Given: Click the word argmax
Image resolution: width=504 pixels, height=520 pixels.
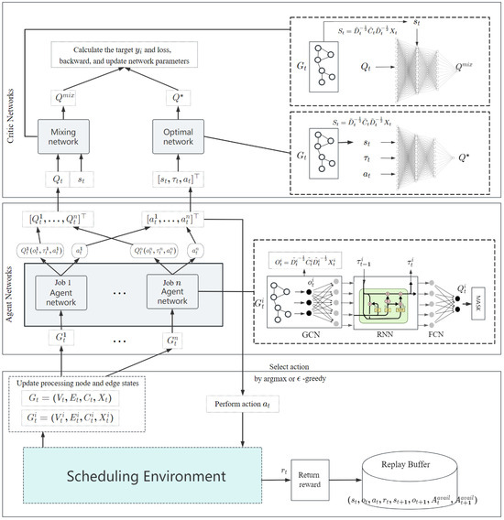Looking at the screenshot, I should pos(299,375).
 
